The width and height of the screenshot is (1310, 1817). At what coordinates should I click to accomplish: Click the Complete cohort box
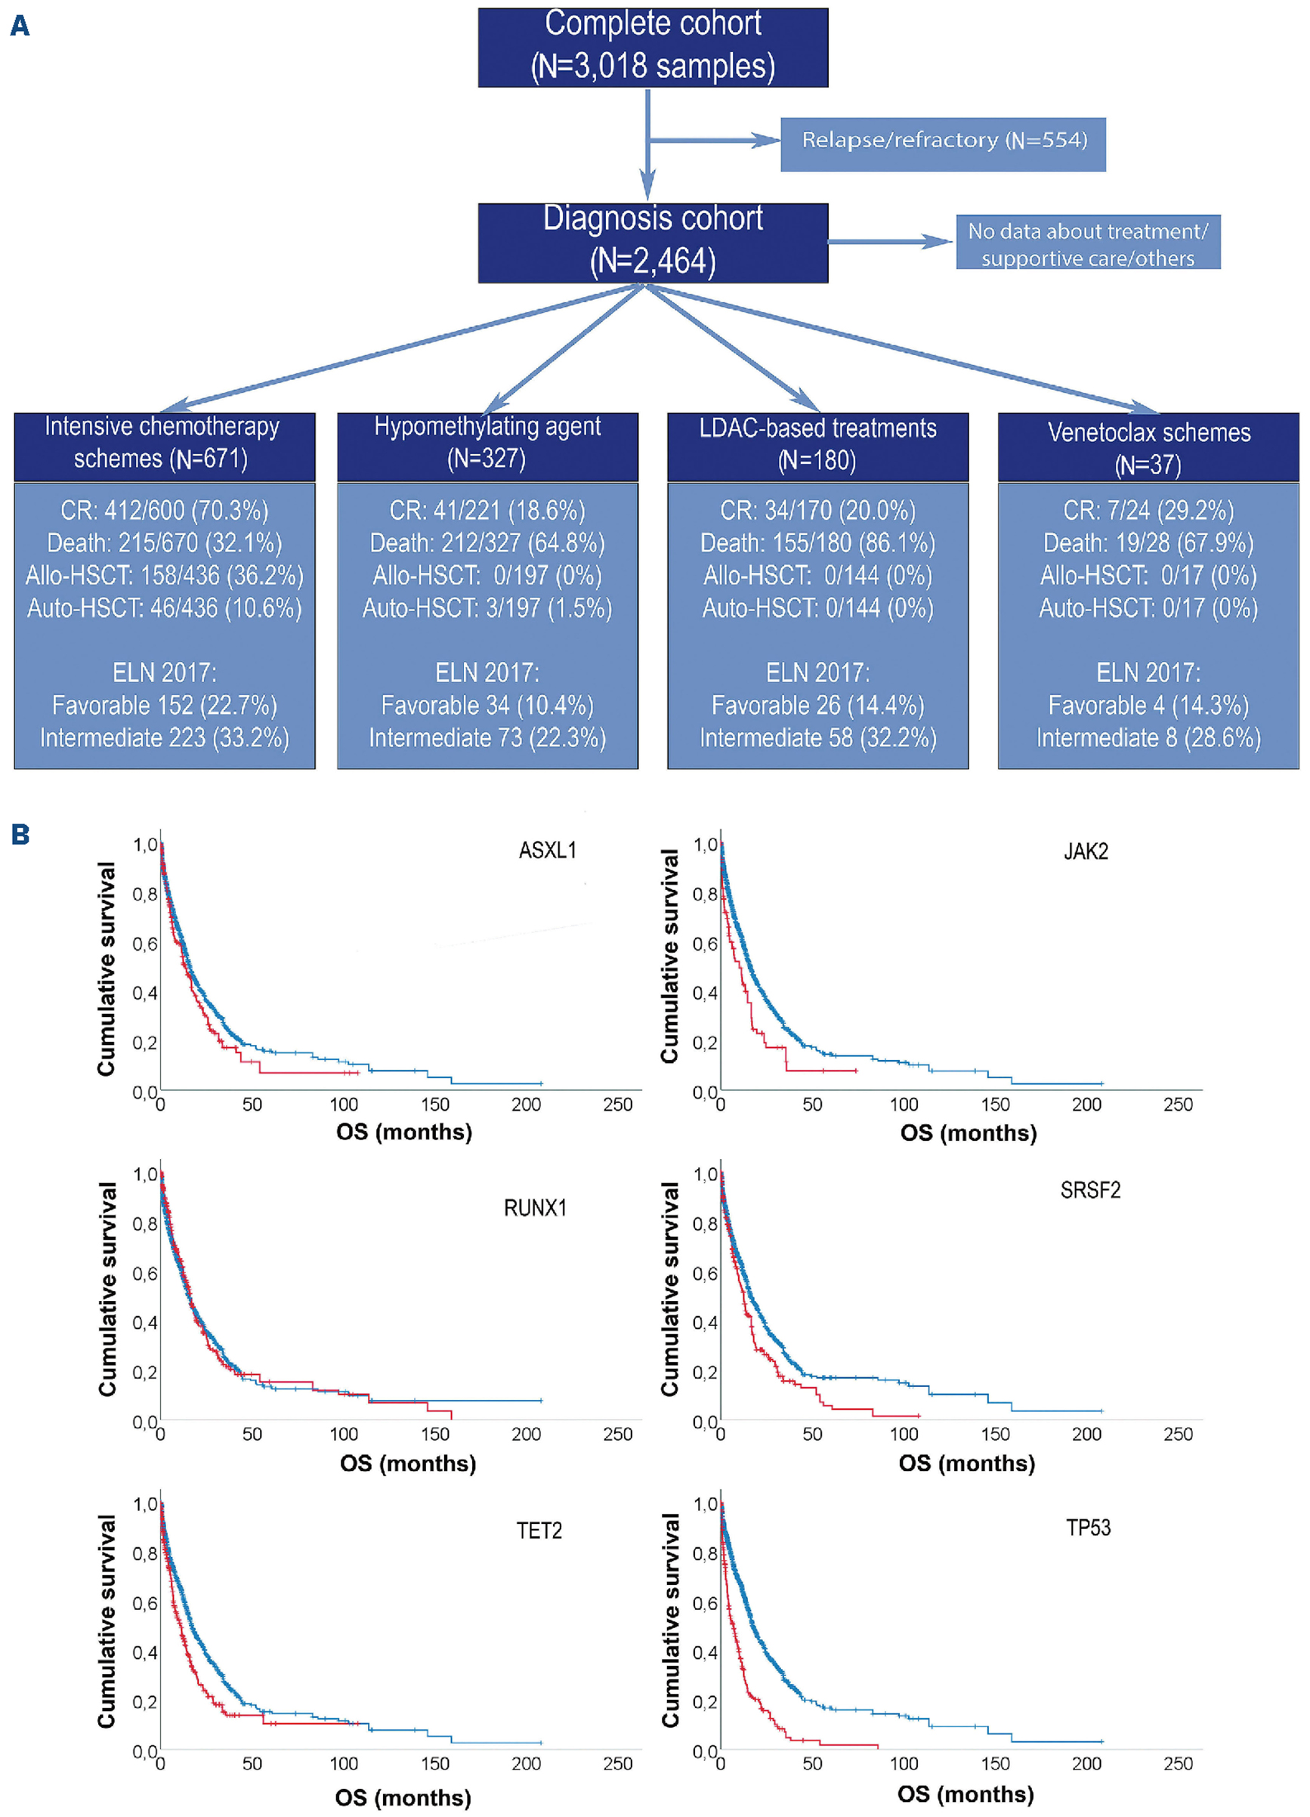[x=652, y=48]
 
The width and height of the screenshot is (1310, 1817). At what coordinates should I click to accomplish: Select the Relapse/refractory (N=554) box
[x=943, y=144]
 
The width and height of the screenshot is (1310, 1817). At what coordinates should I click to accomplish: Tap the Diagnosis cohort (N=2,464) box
[x=652, y=243]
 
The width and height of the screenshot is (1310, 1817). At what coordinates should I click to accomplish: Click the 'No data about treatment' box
[x=1087, y=242]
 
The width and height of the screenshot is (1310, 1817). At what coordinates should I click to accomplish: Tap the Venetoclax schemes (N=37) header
[x=1148, y=447]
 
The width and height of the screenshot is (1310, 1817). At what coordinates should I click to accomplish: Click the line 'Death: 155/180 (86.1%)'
[x=817, y=543]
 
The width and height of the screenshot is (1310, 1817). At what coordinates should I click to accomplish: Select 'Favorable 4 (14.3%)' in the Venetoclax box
[x=1148, y=705]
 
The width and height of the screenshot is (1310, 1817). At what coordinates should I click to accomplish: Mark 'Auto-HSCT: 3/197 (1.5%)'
[x=487, y=608]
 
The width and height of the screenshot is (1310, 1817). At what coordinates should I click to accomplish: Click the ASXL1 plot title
[x=547, y=850]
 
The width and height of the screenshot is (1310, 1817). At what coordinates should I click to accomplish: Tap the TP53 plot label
[x=1088, y=1528]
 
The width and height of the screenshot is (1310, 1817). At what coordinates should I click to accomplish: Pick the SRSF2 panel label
[x=1089, y=1191]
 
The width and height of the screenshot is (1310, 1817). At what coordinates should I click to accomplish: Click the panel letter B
[x=20, y=835]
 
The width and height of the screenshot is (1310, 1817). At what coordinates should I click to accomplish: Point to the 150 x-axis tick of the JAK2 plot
[x=995, y=1104]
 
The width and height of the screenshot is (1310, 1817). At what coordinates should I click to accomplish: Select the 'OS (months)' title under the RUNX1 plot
[x=408, y=1463]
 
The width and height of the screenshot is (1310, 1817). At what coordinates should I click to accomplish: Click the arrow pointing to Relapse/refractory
[x=713, y=141]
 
